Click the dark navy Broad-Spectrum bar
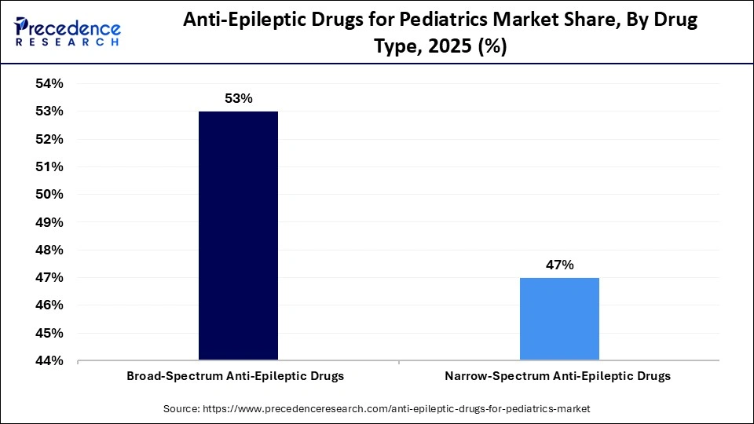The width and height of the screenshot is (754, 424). click(x=238, y=236)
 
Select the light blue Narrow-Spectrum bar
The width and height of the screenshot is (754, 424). click(x=559, y=319)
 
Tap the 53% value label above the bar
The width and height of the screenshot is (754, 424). click(x=238, y=99)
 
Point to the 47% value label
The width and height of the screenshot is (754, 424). click(x=559, y=265)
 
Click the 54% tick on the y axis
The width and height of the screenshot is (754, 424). click(x=49, y=84)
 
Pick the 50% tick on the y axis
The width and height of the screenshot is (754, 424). click(x=49, y=195)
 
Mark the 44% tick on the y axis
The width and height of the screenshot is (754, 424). click(x=49, y=361)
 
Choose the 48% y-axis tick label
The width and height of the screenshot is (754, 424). click(x=49, y=250)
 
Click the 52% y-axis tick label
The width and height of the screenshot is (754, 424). click(x=49, y=140)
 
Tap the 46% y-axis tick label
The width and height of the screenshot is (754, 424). click(x=49, y=305)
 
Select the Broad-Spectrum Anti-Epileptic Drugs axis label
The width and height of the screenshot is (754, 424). click(x=236, y=376)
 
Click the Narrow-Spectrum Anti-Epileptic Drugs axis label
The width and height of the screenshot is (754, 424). click(x=558, y=376)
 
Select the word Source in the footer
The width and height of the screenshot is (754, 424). click(x=181, y=409)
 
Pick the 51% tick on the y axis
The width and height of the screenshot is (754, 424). click(x=49, y=167)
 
